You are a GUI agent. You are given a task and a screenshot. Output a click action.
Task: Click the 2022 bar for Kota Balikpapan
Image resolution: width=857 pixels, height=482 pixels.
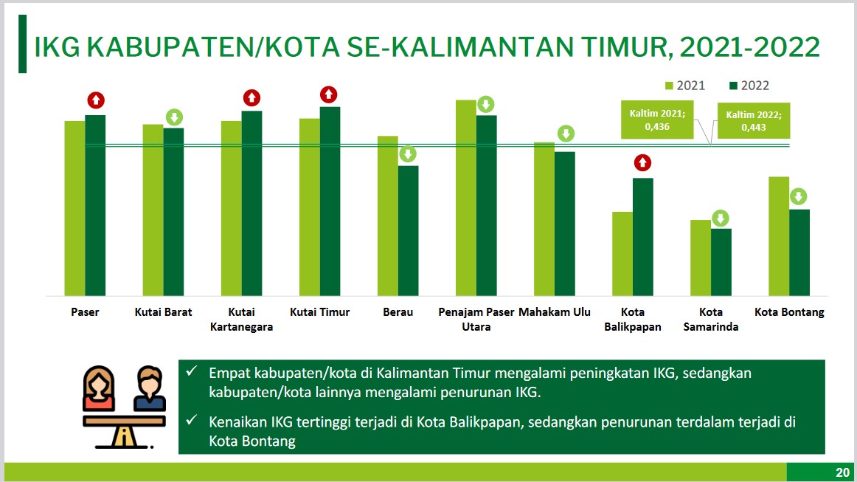pyautogui.click(x=643, y=237)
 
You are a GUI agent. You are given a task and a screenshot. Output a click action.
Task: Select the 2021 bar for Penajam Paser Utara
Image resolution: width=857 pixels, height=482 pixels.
pyautogui.click(x=465, y=198)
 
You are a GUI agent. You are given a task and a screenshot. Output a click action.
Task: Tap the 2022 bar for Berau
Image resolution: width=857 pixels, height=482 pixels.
pyautogui.click(x=409, y=231)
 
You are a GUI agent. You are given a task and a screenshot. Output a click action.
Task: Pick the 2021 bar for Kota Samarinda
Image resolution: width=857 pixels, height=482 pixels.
pyautogui.click(x=701, y=258)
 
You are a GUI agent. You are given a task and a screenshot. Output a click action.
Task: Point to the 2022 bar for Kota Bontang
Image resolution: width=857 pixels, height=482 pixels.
pyautogui.click(x=799, y=252)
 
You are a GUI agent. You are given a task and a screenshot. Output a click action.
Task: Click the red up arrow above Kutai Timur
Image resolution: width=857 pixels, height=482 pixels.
pyautogui.click(x=328, y=94)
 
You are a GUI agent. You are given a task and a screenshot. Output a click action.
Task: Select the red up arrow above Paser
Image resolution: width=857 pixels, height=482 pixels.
pyautogui.click(x=96, y=100)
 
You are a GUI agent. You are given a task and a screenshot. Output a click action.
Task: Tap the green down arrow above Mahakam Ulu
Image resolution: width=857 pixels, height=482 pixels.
pyautogui.click(x=566, y=134)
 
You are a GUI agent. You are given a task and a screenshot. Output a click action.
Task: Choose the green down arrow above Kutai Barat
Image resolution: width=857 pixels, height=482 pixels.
pyautogui.click(x=174, y=117)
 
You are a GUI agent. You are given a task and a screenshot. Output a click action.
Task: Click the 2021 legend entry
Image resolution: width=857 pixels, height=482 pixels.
pyautogui.click(x=685, y=86)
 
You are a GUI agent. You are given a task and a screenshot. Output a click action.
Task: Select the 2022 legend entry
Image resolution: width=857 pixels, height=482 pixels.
pyautogui.click(x=749, y=86)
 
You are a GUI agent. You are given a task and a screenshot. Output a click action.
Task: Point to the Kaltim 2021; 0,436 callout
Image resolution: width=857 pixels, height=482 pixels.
pyautogui.click(x=657, y=120)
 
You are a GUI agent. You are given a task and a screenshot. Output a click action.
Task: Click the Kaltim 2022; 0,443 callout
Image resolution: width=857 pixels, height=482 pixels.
pyautogui.click(x=753, y=120)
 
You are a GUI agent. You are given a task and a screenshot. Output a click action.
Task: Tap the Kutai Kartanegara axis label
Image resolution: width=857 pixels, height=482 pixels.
pyautogui.click(x=242, y=320)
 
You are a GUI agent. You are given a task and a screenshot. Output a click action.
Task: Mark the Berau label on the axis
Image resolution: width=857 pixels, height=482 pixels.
pyautogui.click(x=398, y=312)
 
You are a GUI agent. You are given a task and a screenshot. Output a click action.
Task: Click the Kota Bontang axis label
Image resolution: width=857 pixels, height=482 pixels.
pyautogui.click(x=789, y=312)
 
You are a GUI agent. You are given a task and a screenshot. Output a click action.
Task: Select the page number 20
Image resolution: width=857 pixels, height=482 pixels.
pyautogui.click(x=842, y=472)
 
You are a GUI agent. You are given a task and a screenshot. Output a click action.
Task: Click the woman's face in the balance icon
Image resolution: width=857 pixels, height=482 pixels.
pyautogui.click(x=99, y=384)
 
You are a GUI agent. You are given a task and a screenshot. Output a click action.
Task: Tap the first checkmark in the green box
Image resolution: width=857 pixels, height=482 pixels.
pyautogui.click(x=191, y=371)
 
